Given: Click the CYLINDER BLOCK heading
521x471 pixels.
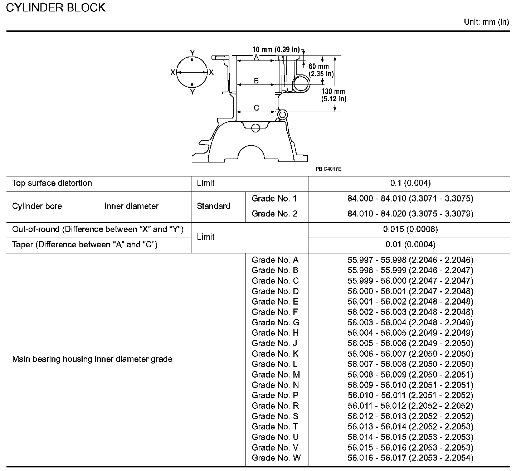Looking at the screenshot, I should [56, 8].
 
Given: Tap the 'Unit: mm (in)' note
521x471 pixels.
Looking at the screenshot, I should [486, 22].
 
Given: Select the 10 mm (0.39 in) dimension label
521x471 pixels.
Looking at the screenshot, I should [276, 49].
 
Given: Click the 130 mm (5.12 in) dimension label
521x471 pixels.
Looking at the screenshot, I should [333, 95].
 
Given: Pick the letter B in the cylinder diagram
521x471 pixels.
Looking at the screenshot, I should [256, 81].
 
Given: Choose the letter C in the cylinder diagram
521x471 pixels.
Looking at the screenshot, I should [256, 108].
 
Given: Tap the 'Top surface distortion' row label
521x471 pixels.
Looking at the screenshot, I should [52, 183].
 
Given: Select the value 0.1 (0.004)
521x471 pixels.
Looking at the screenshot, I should [410, 183].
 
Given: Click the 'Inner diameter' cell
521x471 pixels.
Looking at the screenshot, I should [131, 206].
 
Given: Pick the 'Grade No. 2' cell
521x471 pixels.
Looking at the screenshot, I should [274, 214].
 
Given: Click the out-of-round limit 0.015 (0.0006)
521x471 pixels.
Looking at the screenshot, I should [410, 229].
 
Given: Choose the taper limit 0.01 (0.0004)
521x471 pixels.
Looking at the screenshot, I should [410, 245].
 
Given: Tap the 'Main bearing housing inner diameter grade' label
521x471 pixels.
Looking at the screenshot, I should [92, 359].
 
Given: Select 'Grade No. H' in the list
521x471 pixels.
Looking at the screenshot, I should [275, 333].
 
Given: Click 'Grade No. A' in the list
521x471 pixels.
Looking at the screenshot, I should [275, 260].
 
